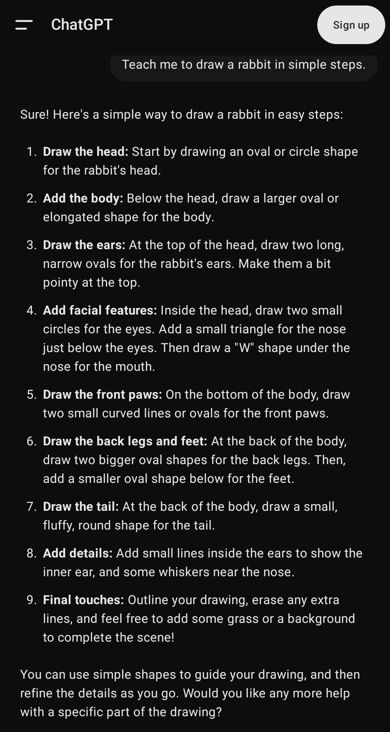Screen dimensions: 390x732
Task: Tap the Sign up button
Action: (351, 25)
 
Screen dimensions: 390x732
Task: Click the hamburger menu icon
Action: (24, 25)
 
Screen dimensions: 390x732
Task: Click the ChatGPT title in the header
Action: (82, 25)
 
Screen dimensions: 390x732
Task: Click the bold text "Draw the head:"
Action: (86, 151)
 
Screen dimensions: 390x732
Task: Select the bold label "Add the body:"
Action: (83, 198)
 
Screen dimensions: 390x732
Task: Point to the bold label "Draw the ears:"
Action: (84, 245)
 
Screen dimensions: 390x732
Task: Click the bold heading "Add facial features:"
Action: (100, 310)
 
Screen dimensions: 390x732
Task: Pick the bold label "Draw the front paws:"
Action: (102, 394)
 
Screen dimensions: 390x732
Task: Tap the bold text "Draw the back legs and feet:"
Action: (125, 441)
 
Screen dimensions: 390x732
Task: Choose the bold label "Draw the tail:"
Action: (81, 506)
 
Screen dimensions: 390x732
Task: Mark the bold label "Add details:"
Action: (78, 553)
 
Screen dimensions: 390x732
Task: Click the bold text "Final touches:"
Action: (83, 600)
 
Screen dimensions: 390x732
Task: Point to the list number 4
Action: (31, 310)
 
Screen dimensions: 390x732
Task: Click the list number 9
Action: (31, 600)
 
